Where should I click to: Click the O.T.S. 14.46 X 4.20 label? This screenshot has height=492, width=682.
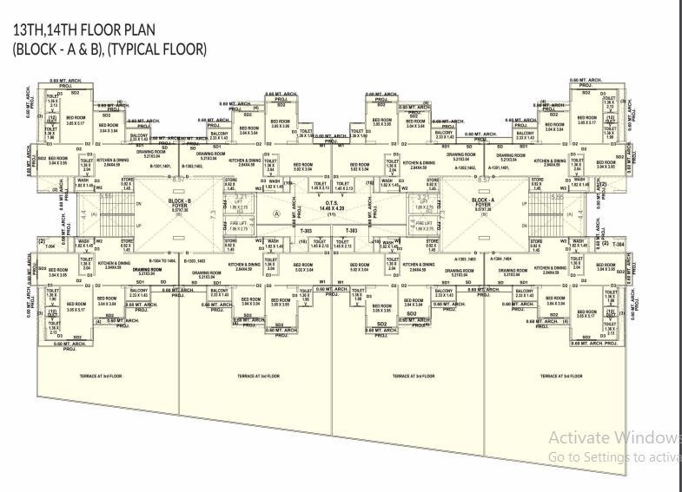(x=332, y=208)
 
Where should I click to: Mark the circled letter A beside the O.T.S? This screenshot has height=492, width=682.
(x=277, y=213)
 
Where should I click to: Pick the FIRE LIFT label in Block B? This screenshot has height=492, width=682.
(x=239, y=224)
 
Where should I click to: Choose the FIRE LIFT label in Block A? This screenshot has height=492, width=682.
(x=424, y=224)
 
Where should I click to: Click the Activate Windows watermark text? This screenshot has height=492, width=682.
(x=614, y=436)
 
